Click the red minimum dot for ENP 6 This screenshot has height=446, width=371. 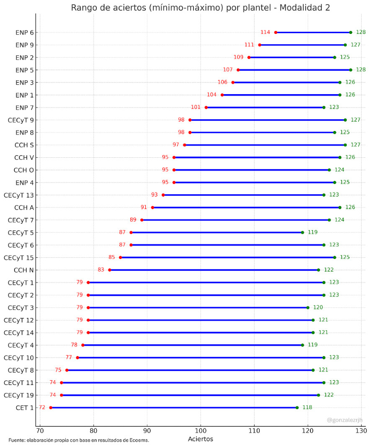point(276,32)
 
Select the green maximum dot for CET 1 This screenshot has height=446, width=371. point(297,408)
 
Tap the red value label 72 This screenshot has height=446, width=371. point(42,408)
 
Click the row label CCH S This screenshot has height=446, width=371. point(24,145)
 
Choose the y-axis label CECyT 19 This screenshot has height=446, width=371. point(19,395)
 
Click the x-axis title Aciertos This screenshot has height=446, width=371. point(200,439)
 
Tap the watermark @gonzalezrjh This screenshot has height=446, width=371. point(345,420)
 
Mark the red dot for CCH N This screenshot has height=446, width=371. point(110,270)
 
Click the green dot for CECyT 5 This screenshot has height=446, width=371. point(302,232)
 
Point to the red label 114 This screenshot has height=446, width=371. point(265,32)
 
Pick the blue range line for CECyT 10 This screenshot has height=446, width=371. point(201,358)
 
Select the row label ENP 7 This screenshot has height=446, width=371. point(25,108)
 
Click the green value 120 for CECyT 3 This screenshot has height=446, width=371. point(318,308)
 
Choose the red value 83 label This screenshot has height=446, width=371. point(101,270)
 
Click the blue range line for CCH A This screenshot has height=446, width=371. point(246,208)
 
